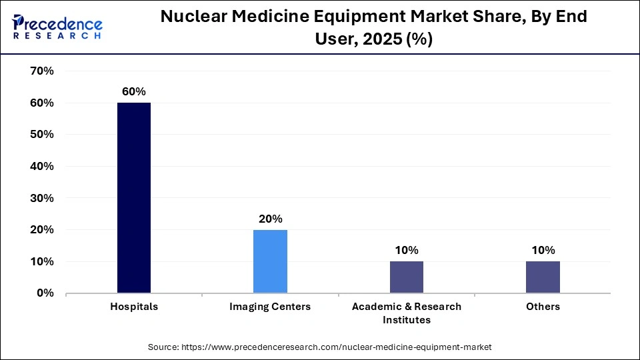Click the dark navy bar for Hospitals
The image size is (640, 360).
tap(134, 197)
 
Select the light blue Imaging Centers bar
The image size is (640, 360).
tap(270, 261)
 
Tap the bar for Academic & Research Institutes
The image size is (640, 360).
tap(406, 277)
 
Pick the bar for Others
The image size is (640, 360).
tap(543, 277)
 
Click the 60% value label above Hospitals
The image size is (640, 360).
tap(133, 91)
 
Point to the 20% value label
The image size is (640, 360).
tap(270, 219)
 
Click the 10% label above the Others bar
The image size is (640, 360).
tap(543, 250)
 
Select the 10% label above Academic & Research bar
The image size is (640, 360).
tap(406, 250)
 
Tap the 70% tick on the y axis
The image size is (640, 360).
tap(42, 71)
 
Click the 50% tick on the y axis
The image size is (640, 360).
tap(42, 135)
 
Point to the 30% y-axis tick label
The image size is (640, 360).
tap(42, 198)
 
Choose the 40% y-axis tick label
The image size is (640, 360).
tap(42, 166)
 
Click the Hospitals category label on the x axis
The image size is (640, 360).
tap(134, 307)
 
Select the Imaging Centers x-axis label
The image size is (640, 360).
tap(270, 307)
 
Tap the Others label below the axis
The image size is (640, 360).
tap(543, 307)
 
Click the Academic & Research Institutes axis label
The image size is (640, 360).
tap(406, 313)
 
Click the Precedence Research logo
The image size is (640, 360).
tap(57, 26)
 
